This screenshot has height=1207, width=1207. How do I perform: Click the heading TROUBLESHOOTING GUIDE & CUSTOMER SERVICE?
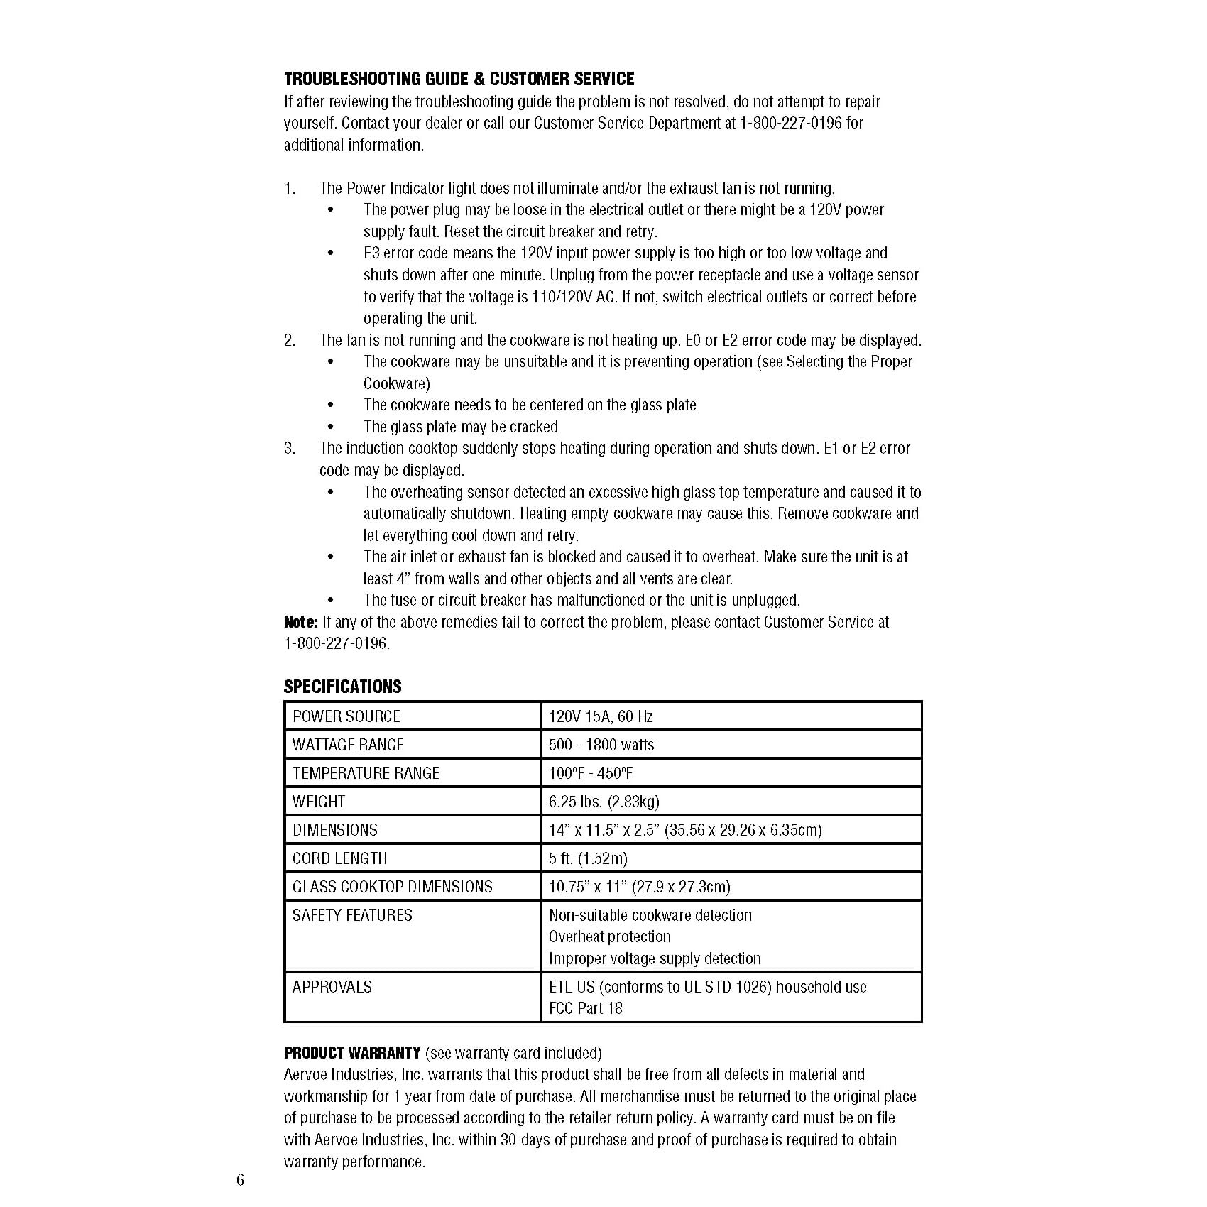(459, 79)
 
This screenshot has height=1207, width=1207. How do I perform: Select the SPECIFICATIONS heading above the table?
(342, 687)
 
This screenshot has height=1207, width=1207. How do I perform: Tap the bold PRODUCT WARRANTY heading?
(352, 1052)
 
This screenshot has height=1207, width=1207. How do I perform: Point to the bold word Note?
(301, 622)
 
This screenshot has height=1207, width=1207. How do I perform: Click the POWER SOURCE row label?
(346, 716)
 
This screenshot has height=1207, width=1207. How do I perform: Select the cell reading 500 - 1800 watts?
(601, 745)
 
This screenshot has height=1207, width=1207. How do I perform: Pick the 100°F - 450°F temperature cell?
(590, 773)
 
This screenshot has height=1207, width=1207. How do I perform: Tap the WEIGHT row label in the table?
(319, 802)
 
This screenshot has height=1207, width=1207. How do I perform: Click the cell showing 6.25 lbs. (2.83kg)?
(603, 802)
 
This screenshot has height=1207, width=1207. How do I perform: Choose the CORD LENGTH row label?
(340, 858)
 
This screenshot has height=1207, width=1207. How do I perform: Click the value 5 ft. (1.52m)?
(588, 858)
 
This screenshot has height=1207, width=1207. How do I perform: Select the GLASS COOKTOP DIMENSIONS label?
(392, 887)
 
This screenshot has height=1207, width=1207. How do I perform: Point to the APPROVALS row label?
(332, 987)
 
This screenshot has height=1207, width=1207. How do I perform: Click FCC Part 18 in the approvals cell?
(585, 1008)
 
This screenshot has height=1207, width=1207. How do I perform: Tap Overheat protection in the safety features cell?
(609, 936)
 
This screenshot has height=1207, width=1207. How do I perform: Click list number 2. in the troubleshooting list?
(290, 341)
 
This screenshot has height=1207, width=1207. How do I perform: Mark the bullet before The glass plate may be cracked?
(331, 427)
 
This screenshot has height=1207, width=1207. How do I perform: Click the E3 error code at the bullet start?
(372, 253)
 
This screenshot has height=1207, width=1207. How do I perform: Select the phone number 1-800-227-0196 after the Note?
(337, 644)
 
